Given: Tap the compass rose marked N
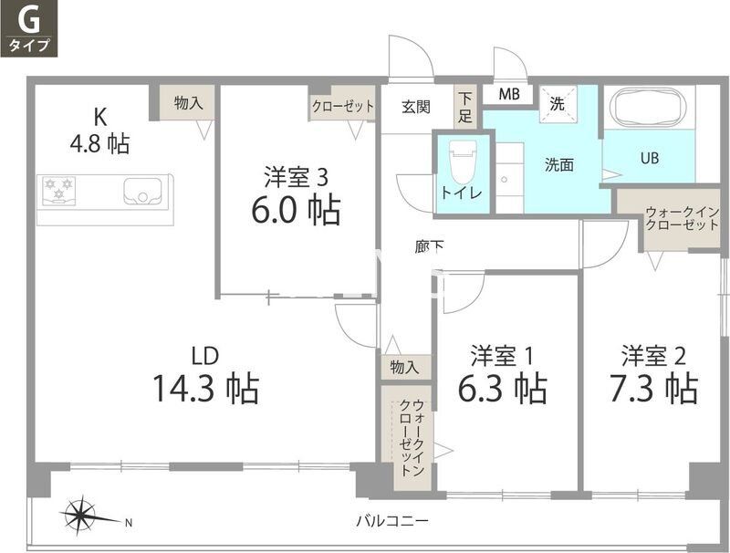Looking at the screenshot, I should [83, 517].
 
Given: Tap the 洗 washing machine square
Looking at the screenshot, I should [557, 104].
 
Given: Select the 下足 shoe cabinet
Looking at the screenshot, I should [465, 106].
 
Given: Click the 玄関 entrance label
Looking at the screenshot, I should [415, 107].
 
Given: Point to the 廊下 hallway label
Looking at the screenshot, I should [428, 246].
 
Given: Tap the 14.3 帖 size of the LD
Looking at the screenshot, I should [205, 388].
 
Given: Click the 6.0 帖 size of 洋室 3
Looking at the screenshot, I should [296, 210].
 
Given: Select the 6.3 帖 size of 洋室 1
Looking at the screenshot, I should [502, 389].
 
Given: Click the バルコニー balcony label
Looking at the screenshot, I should [392, 521].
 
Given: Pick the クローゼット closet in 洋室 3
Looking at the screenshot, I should [343, 106].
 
